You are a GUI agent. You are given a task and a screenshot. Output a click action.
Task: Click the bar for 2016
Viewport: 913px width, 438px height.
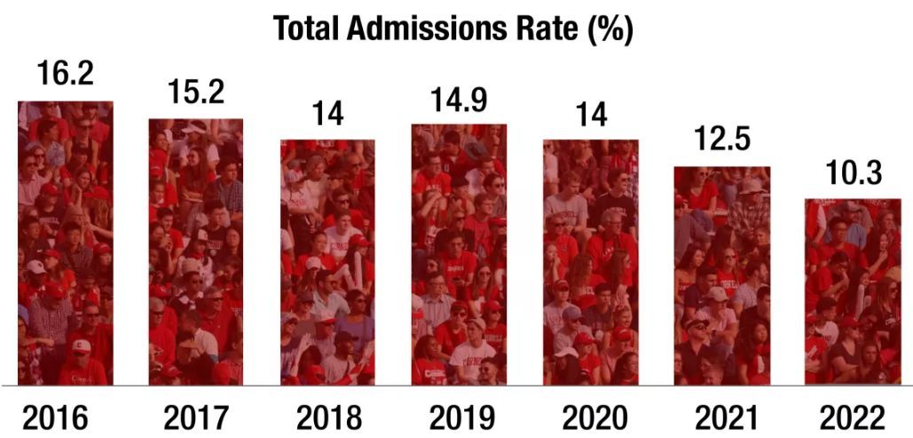[x=66, y=243]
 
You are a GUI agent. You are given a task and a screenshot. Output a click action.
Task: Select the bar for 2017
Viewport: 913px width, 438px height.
[x=196, y=251]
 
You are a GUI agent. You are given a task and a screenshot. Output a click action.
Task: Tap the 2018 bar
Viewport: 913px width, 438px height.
[x=327, y=262]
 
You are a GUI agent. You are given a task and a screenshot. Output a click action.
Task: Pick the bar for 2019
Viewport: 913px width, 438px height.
[x=459, y=254]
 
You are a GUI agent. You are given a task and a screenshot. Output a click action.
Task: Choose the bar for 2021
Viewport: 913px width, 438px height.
[x=722, y=275]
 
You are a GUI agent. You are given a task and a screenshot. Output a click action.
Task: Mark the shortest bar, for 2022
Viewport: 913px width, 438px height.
[x=852, y=291]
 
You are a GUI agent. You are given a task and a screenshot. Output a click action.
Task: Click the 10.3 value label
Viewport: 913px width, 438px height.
[x=852, y=172]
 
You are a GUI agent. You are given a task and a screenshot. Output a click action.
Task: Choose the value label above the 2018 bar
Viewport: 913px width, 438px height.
[x=327, y=114]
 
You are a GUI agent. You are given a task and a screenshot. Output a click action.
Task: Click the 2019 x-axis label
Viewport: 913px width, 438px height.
[x=459, y=416]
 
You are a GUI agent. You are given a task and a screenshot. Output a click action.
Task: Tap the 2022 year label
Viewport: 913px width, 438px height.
[x=852, y=416]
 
